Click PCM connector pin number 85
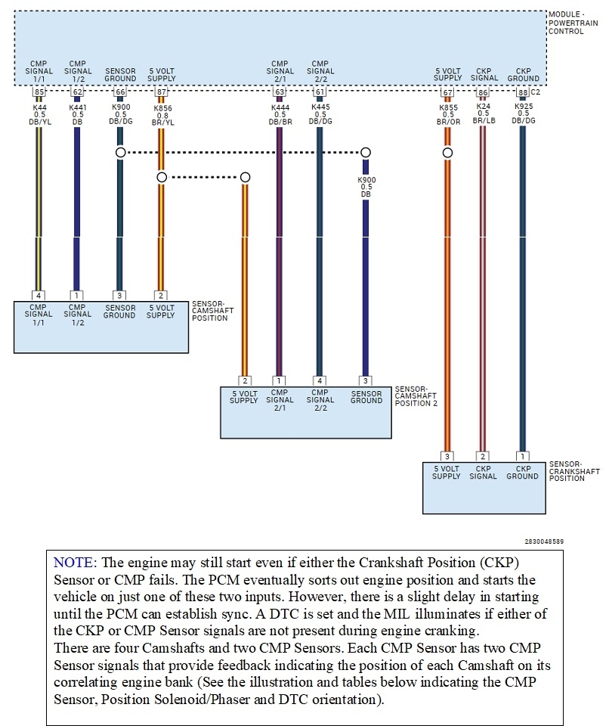(x=39, y=92)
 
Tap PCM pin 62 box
(x=77, y=92)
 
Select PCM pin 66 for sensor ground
(x=119, y=92)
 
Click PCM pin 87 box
(x=161, y=92)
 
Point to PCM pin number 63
(x=280, y=92)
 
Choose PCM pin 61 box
(x=320, y=92)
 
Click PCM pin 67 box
(x=447, y=92)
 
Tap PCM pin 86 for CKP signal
(x=484, y=92)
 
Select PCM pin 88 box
(x=522, y=92)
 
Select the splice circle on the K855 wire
(x=447, y=153)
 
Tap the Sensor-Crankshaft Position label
(x=574, y=471)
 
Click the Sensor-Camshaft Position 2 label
(x=416, y=396)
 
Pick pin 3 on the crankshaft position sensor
(x=447, y=457)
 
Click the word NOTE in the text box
(x=73, y=563)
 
